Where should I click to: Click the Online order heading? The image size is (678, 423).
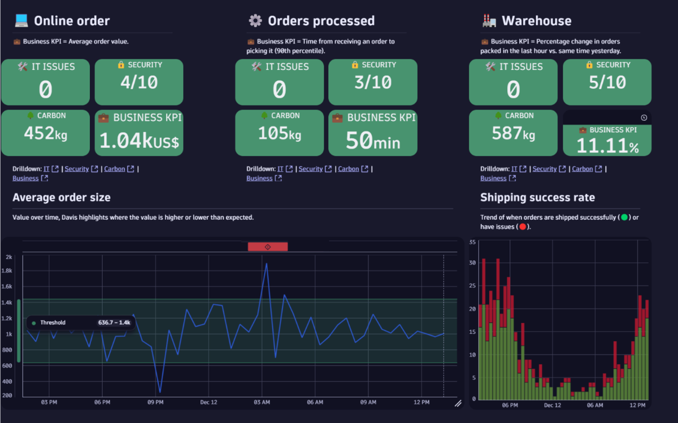(x=71, y=21)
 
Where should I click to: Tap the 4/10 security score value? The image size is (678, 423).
(x=139, y=82)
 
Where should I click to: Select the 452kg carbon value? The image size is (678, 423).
(x=45, y=134)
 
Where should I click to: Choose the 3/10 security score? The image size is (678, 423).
(x=373, y=82)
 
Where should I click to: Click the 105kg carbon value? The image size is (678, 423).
(x=279, y=134)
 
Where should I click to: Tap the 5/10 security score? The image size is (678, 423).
(x=607, y=82)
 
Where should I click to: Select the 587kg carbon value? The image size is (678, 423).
(x=513, y=134)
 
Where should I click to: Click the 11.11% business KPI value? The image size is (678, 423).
(x=607, y=146)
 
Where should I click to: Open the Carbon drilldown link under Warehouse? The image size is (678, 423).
(x=582, y=169)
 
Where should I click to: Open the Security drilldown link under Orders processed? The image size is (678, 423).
(x=311, y=169)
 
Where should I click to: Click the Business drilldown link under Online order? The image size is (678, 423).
(x=25, y=178)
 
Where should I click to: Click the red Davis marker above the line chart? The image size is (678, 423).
(x=268, y=247)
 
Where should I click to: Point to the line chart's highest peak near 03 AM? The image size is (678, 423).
(x=266, y=263)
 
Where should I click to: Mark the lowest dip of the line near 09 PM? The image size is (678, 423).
(x=160, y=392)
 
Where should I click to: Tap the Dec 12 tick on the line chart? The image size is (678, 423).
(x=208, y=402)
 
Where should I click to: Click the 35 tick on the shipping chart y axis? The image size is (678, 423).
(x=473, y=242)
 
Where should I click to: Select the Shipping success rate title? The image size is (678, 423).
(x=537, y=198)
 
